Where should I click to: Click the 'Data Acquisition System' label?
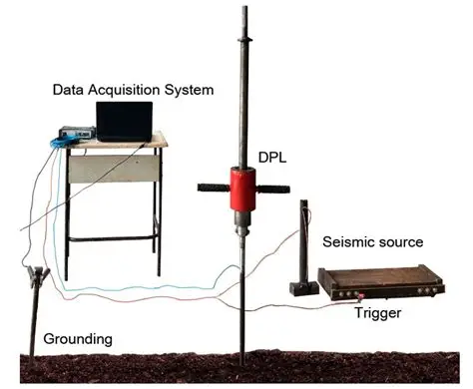[133, 90]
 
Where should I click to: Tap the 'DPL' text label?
[272, 158]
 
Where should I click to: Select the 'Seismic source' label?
[373, 241]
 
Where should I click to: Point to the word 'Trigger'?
[378, 313]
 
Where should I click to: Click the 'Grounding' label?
[78, 339]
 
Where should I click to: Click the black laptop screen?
[125, 121]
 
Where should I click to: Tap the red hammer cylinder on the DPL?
[242, 189]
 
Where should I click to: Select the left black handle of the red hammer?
[214, 188]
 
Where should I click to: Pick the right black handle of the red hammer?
[272, 190]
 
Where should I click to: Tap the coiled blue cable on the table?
[63, 143]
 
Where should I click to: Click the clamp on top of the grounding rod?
[37, 274]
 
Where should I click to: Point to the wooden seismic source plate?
[381, 282]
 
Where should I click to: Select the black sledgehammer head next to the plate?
[304, 288]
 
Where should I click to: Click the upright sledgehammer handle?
[303, 241]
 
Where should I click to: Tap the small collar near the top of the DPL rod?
[244, 40]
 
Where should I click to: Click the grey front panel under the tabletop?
[114, 169]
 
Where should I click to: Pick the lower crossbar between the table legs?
[113, 238]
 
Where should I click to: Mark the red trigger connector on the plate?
[360, 296]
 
